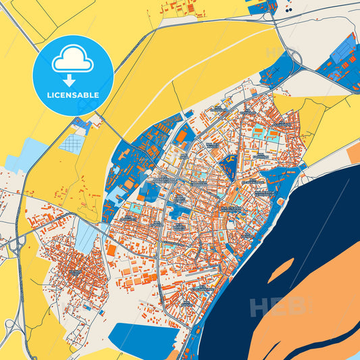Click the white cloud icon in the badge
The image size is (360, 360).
click(x=73, y=61)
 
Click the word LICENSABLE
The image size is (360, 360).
click(x=73, y=95)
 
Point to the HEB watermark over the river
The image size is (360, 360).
click(x=277, y=307)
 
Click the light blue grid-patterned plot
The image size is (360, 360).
click(x=72, y=143)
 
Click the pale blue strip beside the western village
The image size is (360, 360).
click(x=85, y=236)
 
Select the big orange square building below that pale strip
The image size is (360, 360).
click(x=111, y=250)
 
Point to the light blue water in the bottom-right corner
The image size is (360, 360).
click(x=348, y=349)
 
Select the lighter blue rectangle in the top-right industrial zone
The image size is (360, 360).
click(x=345, y=47)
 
